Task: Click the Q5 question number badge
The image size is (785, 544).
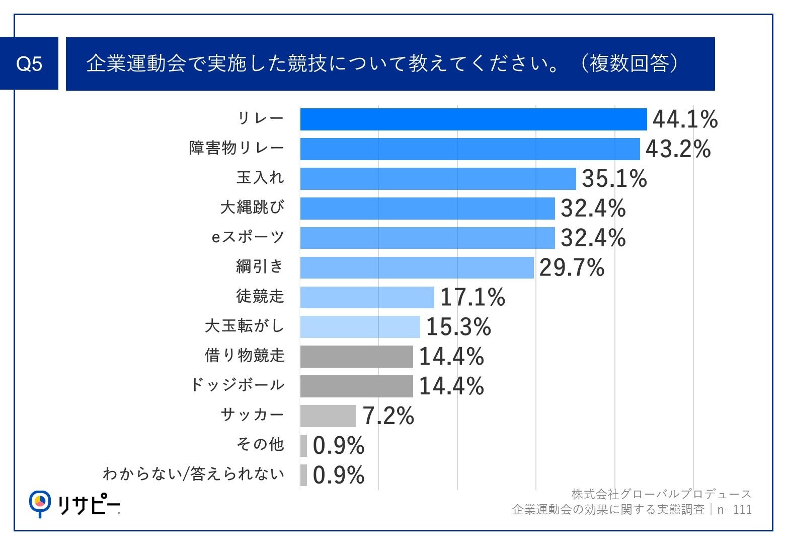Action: pos(29,64)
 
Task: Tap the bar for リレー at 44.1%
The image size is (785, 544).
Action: pos(473,119)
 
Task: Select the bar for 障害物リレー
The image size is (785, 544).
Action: pos(469,149)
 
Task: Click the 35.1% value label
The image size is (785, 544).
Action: pos(614,179)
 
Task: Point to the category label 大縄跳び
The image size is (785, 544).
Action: pos(252,208)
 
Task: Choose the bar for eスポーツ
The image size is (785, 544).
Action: pos(427,238)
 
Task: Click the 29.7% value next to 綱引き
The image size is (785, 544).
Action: pos(572,267)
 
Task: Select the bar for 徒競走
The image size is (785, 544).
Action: pos(367,297)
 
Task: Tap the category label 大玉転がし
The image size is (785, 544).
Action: pos(245,326)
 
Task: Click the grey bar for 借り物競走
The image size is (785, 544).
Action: pos(356,357)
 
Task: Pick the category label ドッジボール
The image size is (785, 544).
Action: pos(238,385)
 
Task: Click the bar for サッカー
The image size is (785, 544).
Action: pos(328,416)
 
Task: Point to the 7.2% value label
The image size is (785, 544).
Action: pos(388,416)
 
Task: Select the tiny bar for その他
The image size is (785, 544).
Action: pos(303,446)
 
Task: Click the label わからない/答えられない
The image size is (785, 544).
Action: pos(194,474)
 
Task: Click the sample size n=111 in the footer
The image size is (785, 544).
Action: pos(734,510)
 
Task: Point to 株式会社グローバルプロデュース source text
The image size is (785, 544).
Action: pos(661,494)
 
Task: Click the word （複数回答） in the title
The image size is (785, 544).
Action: pos(629,64)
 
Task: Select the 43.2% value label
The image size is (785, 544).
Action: pos(678,149)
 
